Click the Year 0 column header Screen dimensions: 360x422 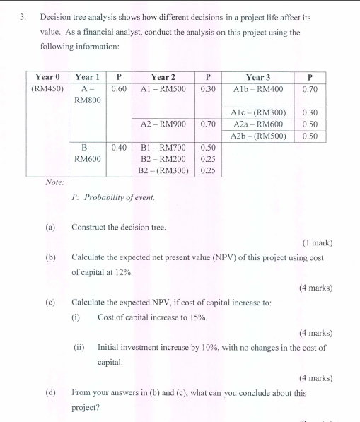(47, 76)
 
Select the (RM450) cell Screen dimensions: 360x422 (47, 89)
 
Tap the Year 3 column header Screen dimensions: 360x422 (258, 76)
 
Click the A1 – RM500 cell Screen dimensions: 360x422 (163, 89)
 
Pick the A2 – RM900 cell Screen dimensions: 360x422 (163, 124)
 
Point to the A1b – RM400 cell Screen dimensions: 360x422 (258, 89)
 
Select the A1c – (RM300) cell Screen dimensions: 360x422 (258, 112)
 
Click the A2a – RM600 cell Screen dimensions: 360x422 (258, 124)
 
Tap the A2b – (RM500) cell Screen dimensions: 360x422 (258, 135)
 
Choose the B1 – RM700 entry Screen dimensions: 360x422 (163, 147)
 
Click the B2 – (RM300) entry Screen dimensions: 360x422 (163, 170)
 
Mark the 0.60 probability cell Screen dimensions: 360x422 (119, 89)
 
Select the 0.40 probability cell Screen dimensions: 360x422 (119, 147)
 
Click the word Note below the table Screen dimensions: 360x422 (54, 182)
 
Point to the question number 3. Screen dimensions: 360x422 (23, 16)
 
